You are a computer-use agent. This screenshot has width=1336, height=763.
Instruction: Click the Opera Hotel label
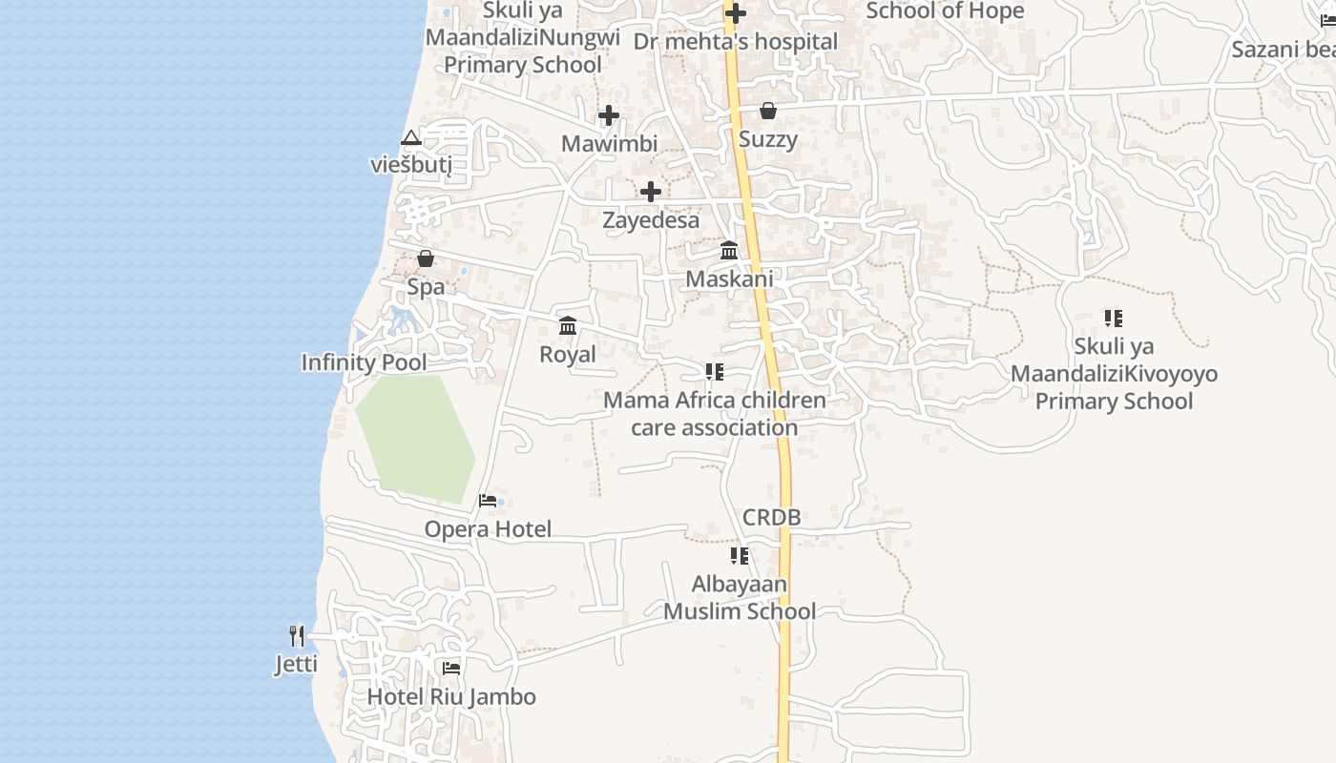[x=488, y=529]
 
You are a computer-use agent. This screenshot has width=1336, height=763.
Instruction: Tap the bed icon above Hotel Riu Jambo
[x=451, y=669]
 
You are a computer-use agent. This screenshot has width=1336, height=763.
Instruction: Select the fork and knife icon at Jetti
[x=297, y=635]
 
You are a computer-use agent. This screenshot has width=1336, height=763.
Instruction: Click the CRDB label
[x=771, y=518]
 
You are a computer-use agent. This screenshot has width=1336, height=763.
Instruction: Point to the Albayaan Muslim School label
[x=740, y=597]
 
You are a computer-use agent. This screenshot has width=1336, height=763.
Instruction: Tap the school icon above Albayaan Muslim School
[x=740, y=555]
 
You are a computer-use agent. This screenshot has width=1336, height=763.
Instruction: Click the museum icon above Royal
[x=568, y=326]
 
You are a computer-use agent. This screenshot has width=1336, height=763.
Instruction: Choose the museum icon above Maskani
[x=730, y=251]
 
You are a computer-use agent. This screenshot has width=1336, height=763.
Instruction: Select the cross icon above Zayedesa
[x=651, y=193]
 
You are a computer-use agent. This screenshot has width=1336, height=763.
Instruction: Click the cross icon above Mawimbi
[x=609, y=116]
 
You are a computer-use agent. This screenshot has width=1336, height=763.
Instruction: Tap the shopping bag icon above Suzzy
[x=768, y=112]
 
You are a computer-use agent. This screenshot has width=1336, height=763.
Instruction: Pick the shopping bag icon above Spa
[x=426, y=258]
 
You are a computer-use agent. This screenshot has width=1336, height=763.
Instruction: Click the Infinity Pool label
[x=364, y=362]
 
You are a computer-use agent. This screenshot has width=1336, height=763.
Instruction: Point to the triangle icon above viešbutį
[x=411, y=138]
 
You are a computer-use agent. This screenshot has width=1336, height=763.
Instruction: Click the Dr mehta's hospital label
[x=736, y=42]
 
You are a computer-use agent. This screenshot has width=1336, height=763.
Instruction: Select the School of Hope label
[x=945, y=11]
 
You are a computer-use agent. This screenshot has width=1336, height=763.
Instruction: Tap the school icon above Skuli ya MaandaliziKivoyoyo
[x=1114, y=318]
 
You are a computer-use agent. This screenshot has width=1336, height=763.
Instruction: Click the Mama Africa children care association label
[x=715, y=413]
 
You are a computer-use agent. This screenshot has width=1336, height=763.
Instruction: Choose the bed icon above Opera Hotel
[x=488, y=501]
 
